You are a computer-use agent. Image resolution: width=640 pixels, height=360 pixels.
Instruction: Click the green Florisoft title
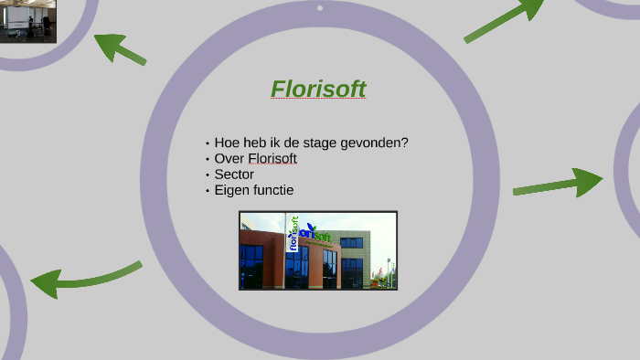pyautogui.click(x=318, y=89)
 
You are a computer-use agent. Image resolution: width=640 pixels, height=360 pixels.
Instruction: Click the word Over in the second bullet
pyautogui.click(x=229, y=158)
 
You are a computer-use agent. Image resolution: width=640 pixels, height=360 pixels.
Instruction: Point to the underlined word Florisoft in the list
pyautogui.click(x=272, y=158)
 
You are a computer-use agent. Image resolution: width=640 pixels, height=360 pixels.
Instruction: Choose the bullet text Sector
pyautogui.click(x=234, y=174)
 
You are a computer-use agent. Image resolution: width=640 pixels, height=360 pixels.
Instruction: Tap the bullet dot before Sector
pyautogui.click(x=208, y=175)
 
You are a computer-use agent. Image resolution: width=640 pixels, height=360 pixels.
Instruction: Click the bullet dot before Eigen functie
pyautogui.click(x=208, y=191)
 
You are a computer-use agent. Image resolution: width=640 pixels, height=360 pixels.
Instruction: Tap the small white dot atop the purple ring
pyautogui.click(x=319, y=8)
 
